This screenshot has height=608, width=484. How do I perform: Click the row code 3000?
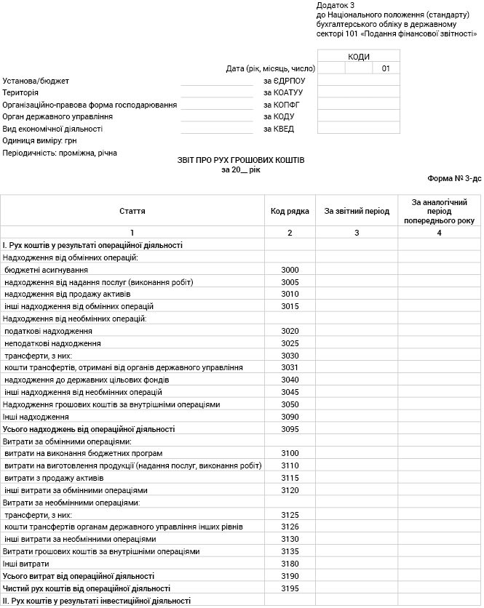click(x=290, y=270)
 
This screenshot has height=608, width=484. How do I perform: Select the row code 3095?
click(x=290, y=429)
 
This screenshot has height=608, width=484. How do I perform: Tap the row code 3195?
click(x=290, y=588)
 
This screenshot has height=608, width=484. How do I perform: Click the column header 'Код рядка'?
click(x=290, y=211)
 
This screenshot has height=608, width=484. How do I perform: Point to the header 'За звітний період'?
click(x=357, y=211)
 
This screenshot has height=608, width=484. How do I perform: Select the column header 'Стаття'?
click(x=132, y=211)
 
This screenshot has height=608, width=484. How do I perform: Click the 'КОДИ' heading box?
click(x=359, y=57)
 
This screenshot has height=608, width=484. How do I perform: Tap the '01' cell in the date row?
click(x=386, y=68)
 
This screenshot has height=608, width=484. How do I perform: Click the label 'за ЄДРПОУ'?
click(x=284, y=81)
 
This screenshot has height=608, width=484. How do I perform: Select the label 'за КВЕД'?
click(x=279, y=129)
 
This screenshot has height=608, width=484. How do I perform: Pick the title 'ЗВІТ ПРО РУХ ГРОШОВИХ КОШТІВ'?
click(x=241, y=159)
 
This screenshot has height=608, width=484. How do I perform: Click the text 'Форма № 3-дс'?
click(x=455, y=178)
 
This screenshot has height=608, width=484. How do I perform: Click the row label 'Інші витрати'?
click(x=26, y=564)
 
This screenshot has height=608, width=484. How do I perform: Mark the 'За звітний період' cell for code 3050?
click(x=357, y=404)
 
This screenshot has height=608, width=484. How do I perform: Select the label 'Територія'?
click(x=20, y=93)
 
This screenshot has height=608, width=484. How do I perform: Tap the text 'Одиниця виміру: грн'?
click(x=39, y=141)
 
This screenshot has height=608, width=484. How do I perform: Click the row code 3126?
click(x=290, y=527)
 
